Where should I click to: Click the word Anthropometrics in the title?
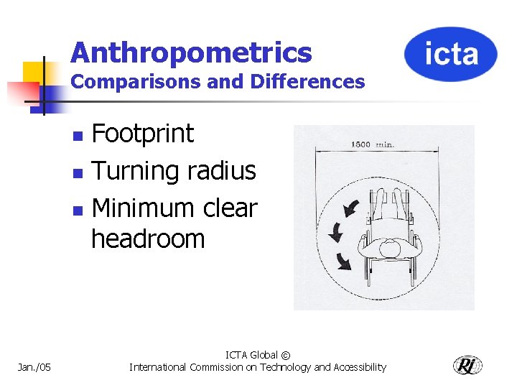[192, 52]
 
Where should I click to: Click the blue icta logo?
[450, 55]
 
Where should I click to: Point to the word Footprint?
[143, 134]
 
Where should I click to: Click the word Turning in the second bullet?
[136, 171]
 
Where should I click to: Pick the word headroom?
[148, 239]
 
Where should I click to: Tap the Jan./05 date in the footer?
[34, 367]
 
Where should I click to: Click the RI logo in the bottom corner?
[467, 365]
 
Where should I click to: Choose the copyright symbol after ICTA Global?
[286, 355]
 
